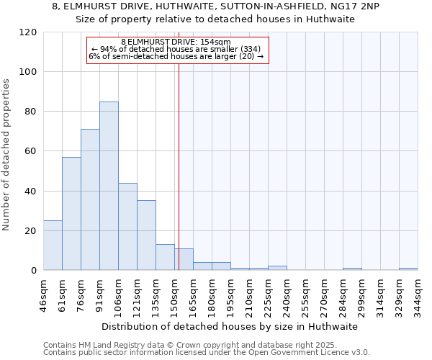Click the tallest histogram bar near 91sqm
109,186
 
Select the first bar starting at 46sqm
53,246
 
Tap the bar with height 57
71,214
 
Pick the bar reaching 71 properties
90,199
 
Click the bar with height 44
127,227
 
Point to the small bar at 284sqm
352,269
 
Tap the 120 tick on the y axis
28,32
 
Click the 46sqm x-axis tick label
44,294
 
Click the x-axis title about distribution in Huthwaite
230,326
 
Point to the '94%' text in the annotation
108,49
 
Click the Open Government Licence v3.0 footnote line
207,353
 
